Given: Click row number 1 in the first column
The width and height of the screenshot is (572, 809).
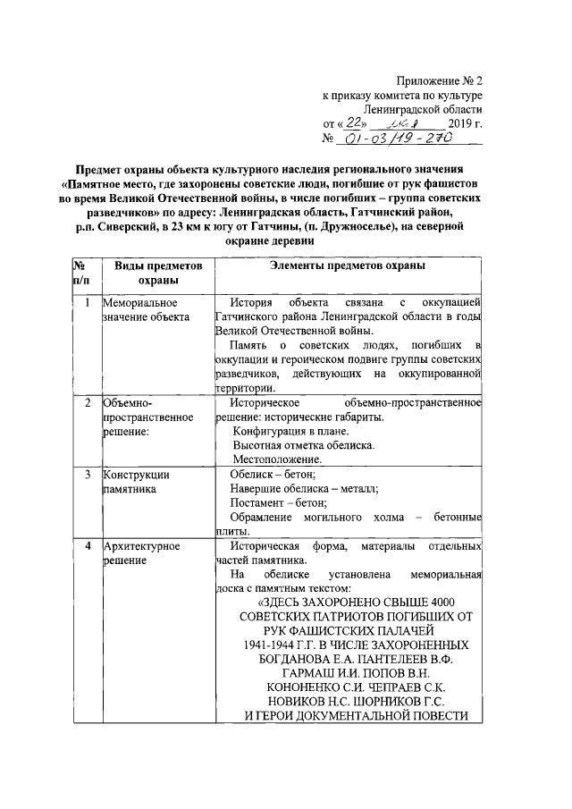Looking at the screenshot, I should pyautogui.click(x=87, y=303).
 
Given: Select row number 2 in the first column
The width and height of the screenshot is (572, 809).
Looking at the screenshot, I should pyautogui.click(x=87, y=404).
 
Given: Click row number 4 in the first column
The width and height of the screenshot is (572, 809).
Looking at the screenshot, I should pyautogui.click(x=87, y=545).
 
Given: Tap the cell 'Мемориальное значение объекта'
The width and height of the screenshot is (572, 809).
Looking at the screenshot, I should pyautogui.click(x=146, y=310).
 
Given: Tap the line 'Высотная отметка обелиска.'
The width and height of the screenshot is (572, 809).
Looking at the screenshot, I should pyautogui.click(x=304, y=445).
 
